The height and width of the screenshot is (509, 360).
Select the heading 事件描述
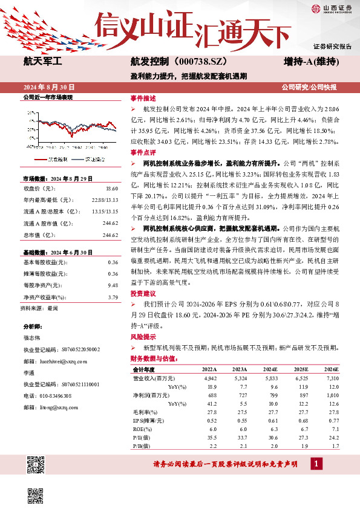click(143, 98)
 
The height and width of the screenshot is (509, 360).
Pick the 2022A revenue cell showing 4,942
click(209, 377)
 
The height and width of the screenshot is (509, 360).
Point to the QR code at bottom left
click(36, 465)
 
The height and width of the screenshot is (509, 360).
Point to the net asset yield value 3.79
click(113, 297)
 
